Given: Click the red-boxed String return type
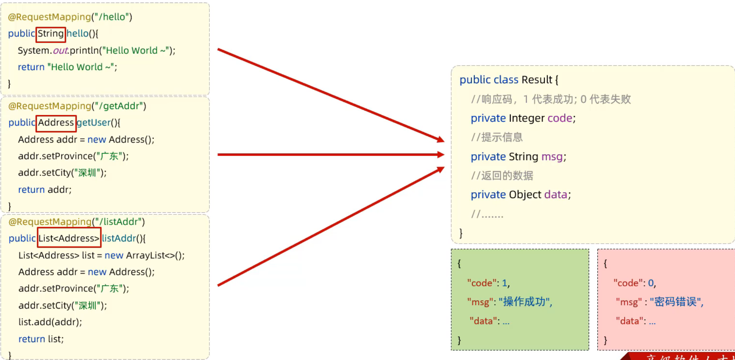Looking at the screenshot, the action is click(51, 34).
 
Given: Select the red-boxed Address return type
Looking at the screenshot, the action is click(56, 123).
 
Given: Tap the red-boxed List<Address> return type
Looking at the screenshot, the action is click(69, 239).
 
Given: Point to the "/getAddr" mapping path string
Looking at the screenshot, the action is click(119, 106).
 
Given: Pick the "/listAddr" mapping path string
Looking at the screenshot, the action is click(118, 222).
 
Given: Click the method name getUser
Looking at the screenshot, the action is click(94, 123).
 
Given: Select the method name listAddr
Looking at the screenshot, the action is click(119, 239).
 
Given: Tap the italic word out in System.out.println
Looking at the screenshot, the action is click(61, 51).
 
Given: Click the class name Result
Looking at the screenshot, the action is click(537, 80).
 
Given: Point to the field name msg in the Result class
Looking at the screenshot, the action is click(552, 157).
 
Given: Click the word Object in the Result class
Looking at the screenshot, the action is click(525, 195).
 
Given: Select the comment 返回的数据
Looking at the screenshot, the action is click(507, 176).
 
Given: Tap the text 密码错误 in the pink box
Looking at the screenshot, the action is click(676, 302).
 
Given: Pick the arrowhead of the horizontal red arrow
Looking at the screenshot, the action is click(441, 155).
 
